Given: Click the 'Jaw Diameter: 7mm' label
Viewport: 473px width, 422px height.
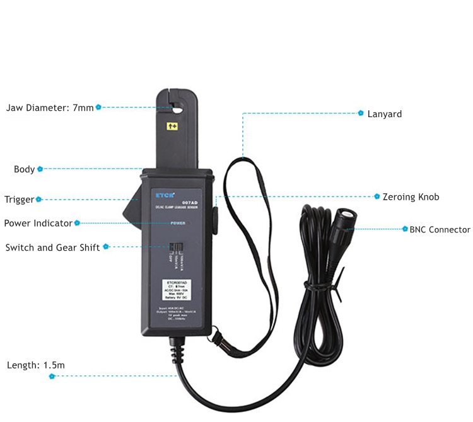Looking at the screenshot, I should point(50,108).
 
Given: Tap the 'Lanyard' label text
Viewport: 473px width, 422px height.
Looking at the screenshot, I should point(385,114).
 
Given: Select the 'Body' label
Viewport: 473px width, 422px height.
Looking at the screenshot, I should point(25,169).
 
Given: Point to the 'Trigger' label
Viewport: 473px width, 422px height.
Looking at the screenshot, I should point(19,200).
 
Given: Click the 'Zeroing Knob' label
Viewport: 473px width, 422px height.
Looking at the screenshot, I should point(411,197).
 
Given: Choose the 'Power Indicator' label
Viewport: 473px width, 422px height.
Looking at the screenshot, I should point(38,223).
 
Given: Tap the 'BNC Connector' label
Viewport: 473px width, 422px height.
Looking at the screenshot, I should point(440,229).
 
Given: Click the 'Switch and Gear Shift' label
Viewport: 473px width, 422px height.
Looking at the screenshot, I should point(52,248).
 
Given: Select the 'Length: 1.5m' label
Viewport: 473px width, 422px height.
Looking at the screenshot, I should point(36,365).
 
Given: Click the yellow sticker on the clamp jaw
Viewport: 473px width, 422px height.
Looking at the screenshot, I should point(170,126).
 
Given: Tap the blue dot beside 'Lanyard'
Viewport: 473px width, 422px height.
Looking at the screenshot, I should point(361,113).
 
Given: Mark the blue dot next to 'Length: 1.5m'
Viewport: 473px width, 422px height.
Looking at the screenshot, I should point(52,376).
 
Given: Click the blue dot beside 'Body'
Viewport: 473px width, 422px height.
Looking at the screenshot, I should point(40,169).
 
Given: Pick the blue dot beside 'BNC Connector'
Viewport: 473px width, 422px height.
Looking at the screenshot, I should point(405,229).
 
